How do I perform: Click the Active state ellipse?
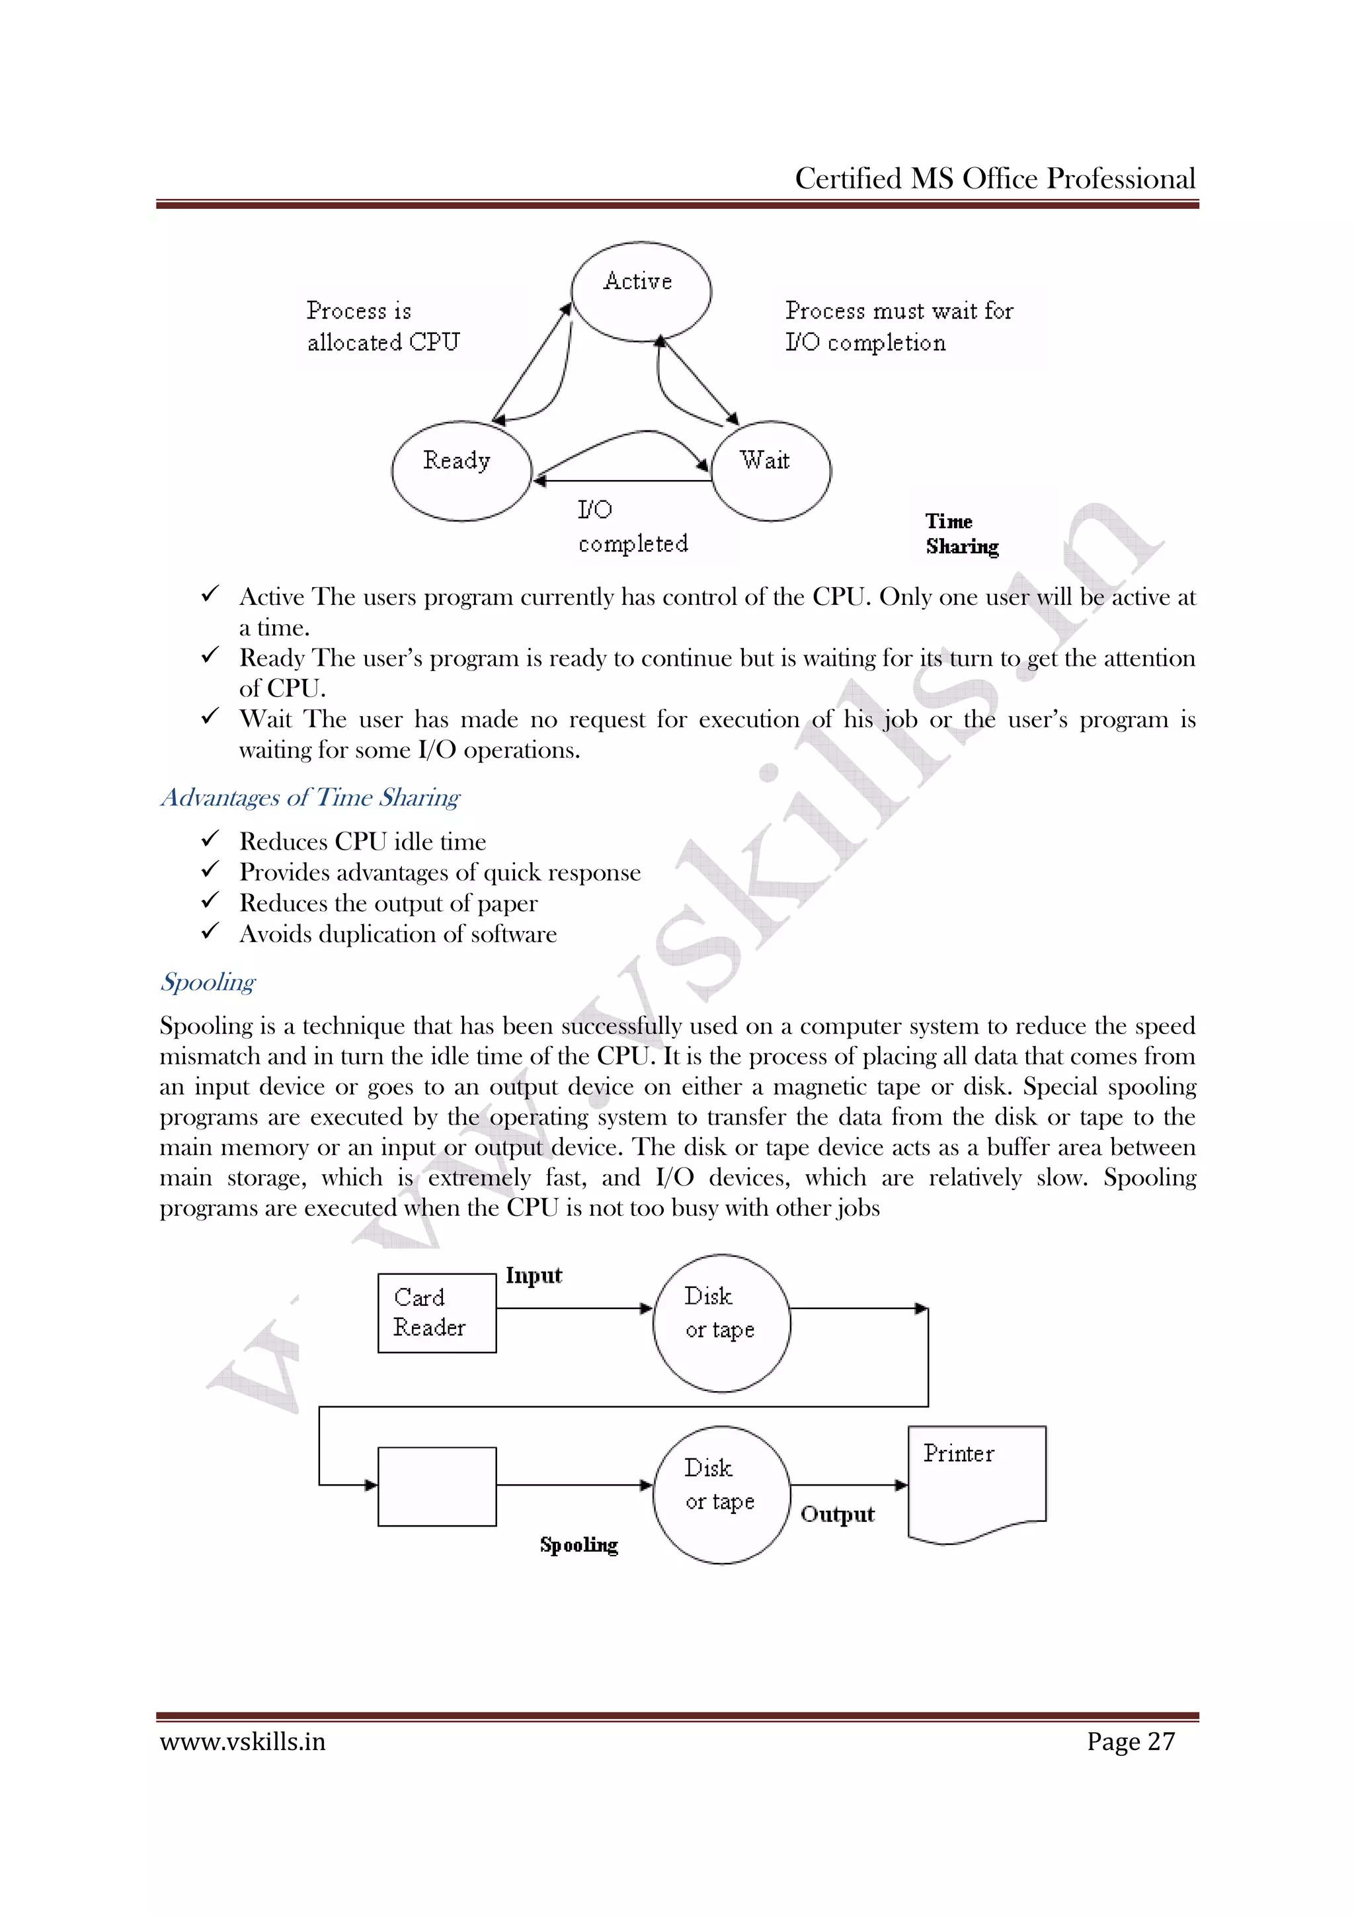(641, 292)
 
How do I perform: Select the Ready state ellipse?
(461, 471)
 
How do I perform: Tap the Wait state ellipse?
(771, 471)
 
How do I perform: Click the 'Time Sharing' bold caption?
(961, 534)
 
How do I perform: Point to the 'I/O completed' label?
(631, 526)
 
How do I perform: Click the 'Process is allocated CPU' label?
(382, 327)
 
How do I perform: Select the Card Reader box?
(436, 1312)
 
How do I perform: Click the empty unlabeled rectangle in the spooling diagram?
(436, 1486)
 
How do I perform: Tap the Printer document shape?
(976, 1482)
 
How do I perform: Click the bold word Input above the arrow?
(534, 1275)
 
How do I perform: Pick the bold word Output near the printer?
(837, 1514)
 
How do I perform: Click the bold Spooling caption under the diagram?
(578, 1544)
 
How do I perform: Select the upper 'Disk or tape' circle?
(721, 1323)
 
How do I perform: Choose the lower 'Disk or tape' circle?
(721, 1495)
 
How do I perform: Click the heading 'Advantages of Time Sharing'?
(309, 798)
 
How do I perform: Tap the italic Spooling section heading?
(208, 982)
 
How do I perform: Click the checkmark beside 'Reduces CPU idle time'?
(210, 839)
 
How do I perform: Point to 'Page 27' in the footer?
(1131, 1741)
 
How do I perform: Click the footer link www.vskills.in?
(243, 1741)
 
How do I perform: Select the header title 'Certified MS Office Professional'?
(994, 179)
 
